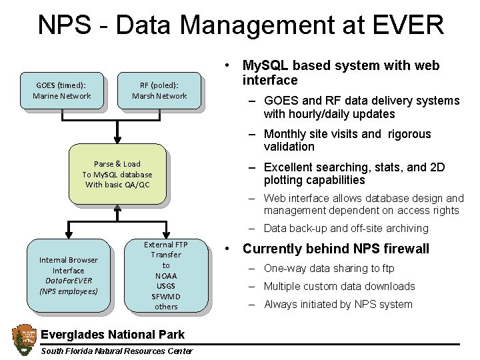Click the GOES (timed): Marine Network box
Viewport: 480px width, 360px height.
click(x=62, y=90)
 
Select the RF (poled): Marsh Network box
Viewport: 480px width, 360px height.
click(x=159, y=90)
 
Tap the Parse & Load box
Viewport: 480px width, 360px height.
click(x=117, y=174)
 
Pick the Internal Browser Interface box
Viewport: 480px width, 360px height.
click(x=69, y=275)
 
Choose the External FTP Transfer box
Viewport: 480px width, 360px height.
click(x=166, y=275)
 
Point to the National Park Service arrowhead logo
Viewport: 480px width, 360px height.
click(x=23, y=339)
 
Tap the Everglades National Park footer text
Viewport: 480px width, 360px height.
click(x=113, y=333)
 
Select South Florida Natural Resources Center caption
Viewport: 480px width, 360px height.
click(x=117, y=351)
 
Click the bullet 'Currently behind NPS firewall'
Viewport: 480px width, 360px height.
click(x=335, y=249)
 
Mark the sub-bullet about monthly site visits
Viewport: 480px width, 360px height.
click(x=347, y=140)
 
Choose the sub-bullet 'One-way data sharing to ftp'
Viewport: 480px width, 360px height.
click(x=329, y=269)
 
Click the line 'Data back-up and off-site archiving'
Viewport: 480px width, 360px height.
click(x=345, y=229)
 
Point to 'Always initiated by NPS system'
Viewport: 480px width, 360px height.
click(x=337, y=305)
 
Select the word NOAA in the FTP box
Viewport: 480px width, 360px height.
click(x=166, y=275)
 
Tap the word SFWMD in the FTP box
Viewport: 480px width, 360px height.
click(x=166, y=296)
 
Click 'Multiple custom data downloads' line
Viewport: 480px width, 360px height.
click(x=339, y=287)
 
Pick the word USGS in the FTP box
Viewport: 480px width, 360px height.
click(x=166, y=286)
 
